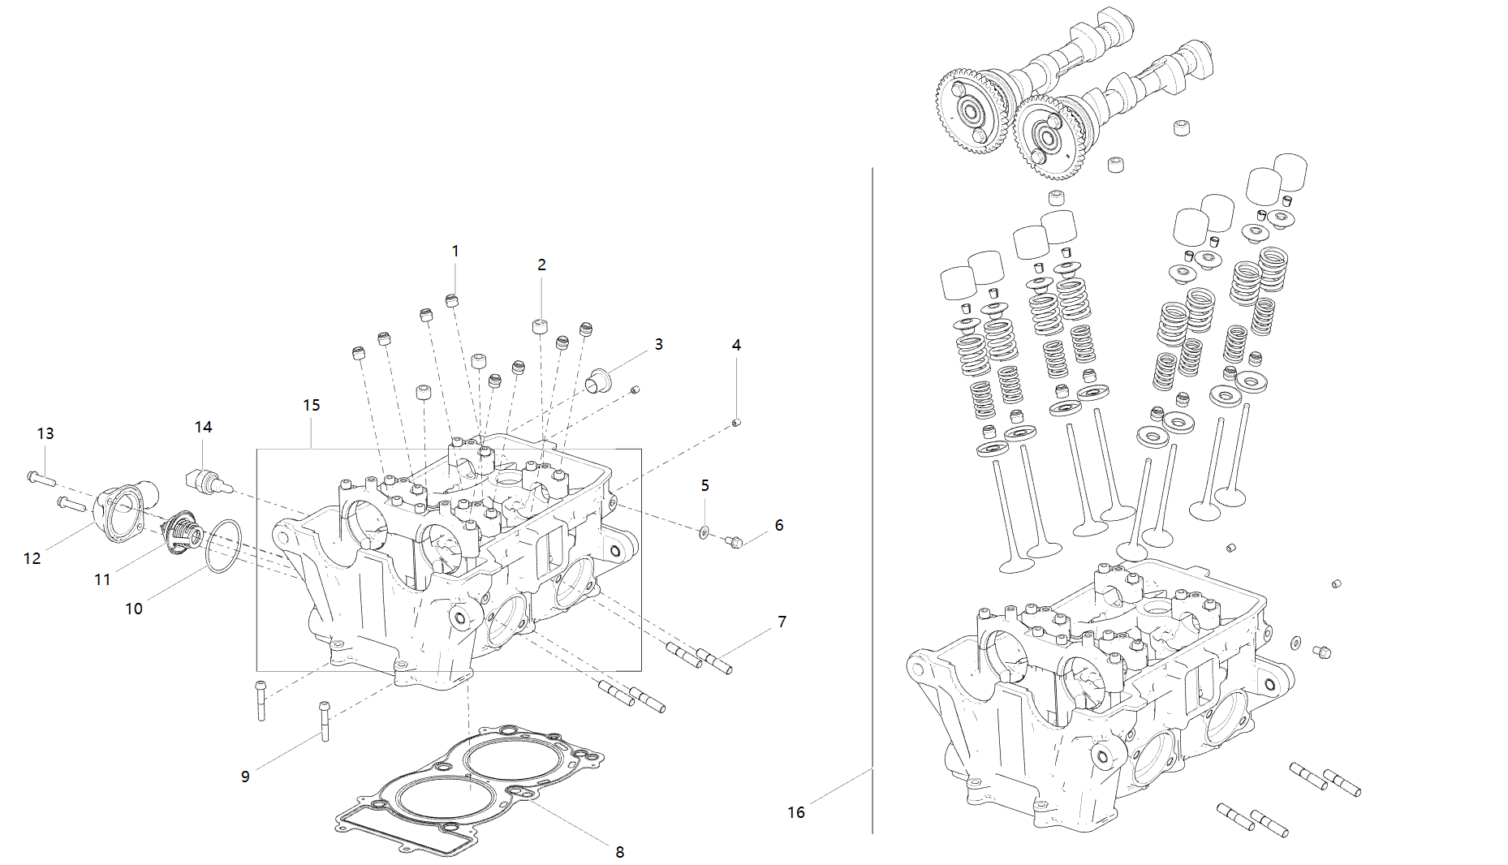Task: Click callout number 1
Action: click(455, 252)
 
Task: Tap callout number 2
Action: click(541, 265)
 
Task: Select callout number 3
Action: click(659, 345)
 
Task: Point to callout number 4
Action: click(736, 346)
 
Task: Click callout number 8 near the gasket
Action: click(620, 852)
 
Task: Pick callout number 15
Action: click(312, 405)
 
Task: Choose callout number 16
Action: click(796, 812)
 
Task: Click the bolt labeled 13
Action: click(40, 478)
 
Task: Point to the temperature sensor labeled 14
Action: click(208, 480)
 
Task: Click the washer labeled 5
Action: click(703, 532)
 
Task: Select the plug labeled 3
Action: click(599, 379)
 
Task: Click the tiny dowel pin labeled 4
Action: click(737, 422)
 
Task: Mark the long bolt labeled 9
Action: click(325, 721)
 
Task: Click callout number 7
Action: click(782, 622)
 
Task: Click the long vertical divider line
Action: click(872, 487)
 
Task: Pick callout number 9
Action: click(245, 777)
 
